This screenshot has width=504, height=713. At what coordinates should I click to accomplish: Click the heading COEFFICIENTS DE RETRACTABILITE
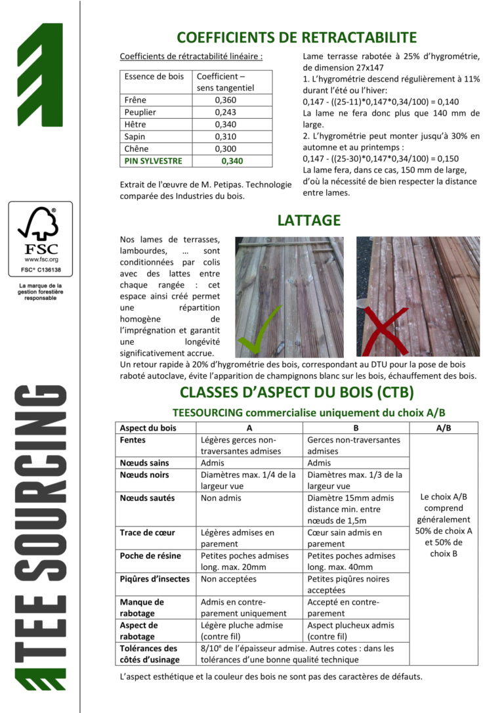tap(297, 37)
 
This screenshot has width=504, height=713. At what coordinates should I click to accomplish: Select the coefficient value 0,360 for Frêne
tap(225, 100)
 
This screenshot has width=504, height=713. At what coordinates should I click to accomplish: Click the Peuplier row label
tap(140, 112)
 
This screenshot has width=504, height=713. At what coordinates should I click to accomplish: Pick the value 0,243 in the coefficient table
tap(225, 112)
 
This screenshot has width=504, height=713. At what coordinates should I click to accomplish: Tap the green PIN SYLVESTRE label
tap(154, 161)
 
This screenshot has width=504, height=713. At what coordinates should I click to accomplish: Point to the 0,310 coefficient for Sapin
tap(225, 137)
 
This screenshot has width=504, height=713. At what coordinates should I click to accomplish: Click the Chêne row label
tap(136, 148)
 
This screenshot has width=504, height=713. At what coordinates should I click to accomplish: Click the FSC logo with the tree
tap(41, 231)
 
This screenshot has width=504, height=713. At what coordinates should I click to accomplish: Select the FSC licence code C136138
tap(41, 270)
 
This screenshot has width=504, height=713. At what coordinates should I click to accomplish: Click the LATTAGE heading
tap(308, 221)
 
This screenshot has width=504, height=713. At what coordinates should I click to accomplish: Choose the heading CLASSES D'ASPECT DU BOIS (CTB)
tap(297, 393)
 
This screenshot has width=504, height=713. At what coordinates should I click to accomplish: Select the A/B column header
tap(443, 427)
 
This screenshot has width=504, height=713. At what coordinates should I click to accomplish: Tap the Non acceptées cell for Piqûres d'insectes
tap(228, 579)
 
